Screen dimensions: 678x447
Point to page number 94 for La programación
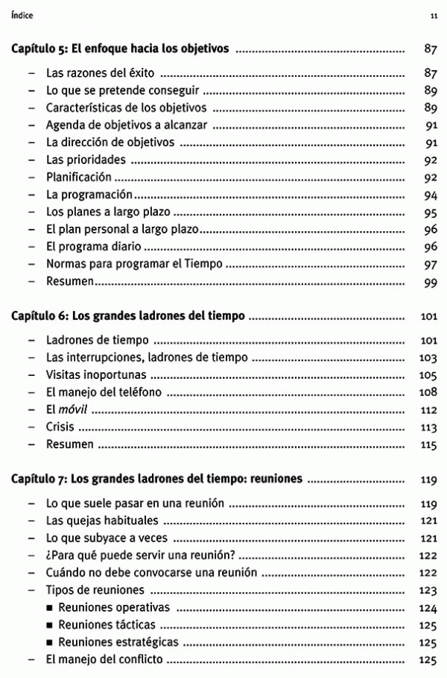429,195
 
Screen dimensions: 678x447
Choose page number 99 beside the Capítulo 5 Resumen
429,282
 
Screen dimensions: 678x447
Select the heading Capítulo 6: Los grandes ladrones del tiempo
128,316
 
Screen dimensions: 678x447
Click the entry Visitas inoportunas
96,374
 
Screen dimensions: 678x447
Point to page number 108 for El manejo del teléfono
428,392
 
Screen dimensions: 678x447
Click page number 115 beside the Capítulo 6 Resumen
428,445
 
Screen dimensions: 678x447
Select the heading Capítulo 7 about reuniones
157,479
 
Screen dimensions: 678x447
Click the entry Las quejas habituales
102,520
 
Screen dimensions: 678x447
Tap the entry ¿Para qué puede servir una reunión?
140,555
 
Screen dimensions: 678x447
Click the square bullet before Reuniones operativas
50,607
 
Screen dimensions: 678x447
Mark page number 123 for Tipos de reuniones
428,590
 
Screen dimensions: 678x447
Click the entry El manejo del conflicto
104,659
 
